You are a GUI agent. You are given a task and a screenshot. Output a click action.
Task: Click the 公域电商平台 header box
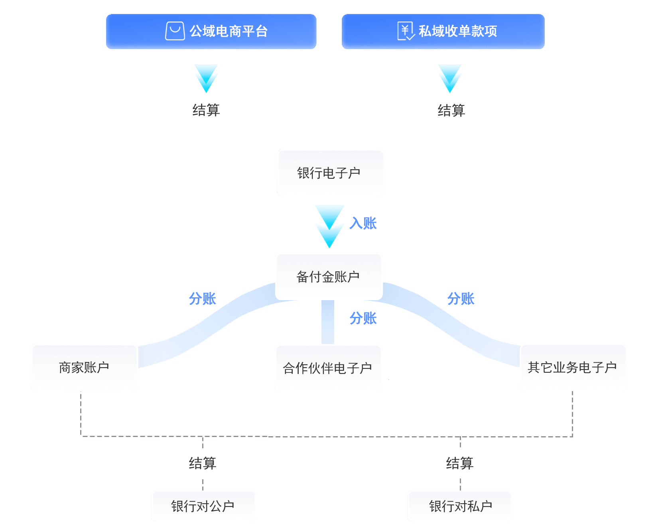pos(211,32)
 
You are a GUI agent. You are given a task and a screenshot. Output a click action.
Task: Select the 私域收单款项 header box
pos(443,32)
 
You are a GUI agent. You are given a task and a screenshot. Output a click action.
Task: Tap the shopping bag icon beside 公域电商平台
pos(175,31)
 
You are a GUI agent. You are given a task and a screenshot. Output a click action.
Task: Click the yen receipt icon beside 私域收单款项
pos(406,31)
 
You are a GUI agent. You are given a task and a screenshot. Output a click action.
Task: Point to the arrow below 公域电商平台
pos(206,79)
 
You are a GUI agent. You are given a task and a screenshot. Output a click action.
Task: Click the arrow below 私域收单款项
pos(450,79)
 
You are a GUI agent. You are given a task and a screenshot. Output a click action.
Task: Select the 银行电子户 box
pos(331,173)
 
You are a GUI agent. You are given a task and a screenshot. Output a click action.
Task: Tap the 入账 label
pos(363,223)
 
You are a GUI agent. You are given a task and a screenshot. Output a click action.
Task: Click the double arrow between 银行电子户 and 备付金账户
pos(329,226)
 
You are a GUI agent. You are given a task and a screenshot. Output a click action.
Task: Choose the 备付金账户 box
pos(329,276)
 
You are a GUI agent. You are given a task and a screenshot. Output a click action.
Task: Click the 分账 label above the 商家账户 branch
pos(202,299)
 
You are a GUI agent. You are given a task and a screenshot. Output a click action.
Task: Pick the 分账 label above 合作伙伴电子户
pos(363,318)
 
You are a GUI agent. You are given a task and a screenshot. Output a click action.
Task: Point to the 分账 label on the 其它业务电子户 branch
pos(461,299)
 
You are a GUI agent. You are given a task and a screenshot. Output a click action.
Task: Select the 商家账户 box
pos(85,367)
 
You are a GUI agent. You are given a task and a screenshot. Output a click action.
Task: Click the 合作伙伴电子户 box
pos(328,368)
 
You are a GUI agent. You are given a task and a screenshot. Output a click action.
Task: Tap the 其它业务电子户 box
pos(573,367)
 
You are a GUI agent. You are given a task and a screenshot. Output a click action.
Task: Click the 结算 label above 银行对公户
pos(203,463)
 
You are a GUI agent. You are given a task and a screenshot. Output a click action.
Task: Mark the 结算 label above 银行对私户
pos(460,463)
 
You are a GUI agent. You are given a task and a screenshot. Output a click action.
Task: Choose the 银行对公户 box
pos(203,506)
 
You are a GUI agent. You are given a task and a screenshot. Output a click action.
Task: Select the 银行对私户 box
pos(460,506)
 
